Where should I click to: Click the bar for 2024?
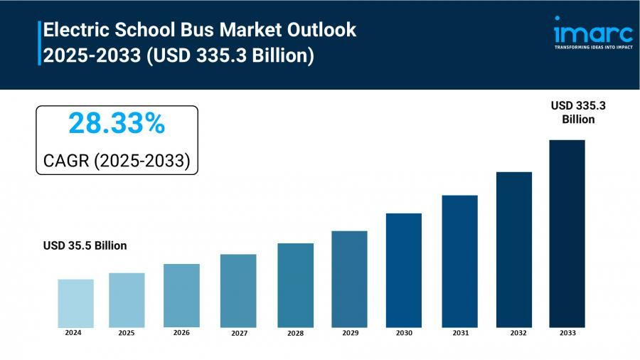click(x=75, y=303)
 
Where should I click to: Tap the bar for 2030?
click(x=404, y=270)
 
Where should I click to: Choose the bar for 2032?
click(x=514, y=249)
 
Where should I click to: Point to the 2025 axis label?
click(x=127, y=333)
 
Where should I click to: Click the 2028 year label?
click(x=296, y=333)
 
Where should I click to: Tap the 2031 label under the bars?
click(x=459, y=333)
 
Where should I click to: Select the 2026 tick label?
click(x=181, y=333)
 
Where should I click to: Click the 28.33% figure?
click(x=117, y=124)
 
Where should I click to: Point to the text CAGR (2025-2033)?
click(x=117, y=161)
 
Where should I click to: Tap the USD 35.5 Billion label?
click(x=85, y=246)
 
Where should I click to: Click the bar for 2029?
click(x=349, y=279)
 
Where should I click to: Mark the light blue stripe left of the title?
click(x=39, y=43)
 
